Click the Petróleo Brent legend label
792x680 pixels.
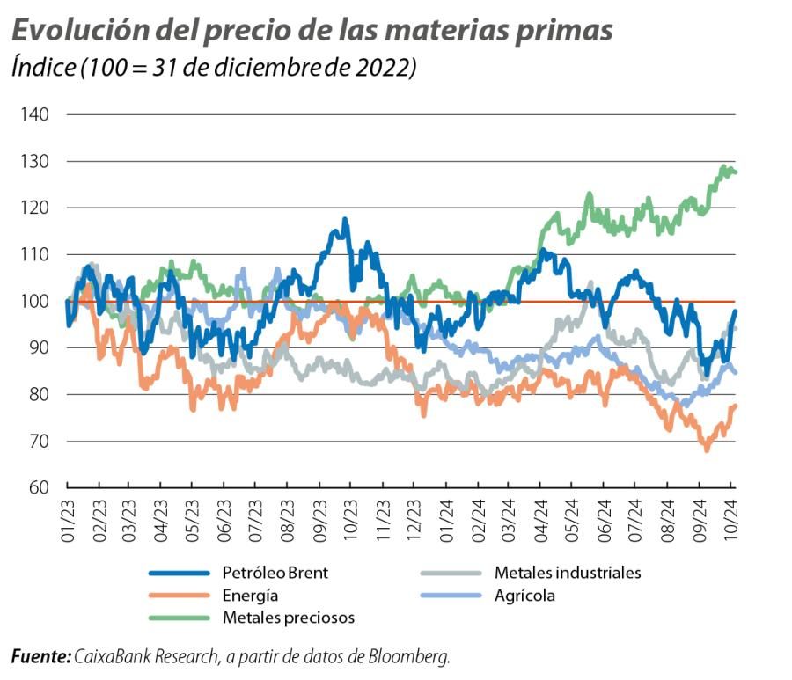pyautogui.click(x=275, y=573)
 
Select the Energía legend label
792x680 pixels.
pyautogui.click(x=250, y=596)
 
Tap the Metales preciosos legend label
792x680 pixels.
pyautogui.click(x=288, y=618)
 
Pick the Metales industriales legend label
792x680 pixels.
pyautogui.click(x=567, y=573)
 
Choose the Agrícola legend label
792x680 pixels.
pyautogui.click(x=524, y=596)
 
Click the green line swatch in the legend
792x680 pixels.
pyautogui.click(x=180, y=618)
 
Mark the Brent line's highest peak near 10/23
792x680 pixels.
pyautogui.click(x=345, y=220)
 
